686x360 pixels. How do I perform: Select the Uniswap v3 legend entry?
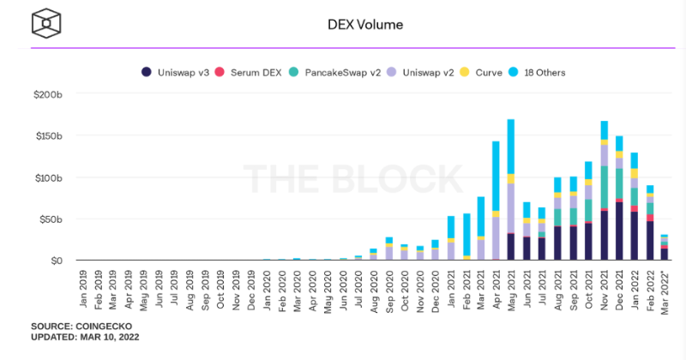pyautogui.click(x=177, y=73)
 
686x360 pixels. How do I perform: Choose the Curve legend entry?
pyautogui.click(x=487, y=73)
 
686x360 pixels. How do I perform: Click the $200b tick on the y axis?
pyautogui.click(x=49, y=94)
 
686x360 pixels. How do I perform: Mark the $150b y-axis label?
pyautogui.click(x=49, y=136)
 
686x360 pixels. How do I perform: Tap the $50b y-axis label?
pyautogui.click(x=51, y=219)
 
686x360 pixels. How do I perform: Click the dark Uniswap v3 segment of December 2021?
pyautogui.click(x=620, y=231)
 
